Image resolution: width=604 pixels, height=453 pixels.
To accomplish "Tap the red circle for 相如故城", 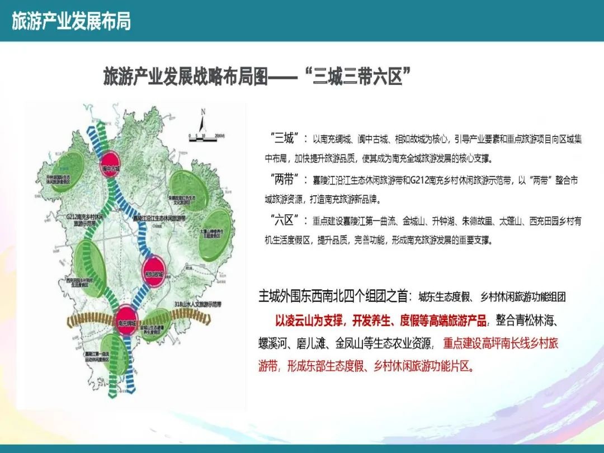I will pyautogui.click(x=155, y=270).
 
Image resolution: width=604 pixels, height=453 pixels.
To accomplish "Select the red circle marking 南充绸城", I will pyautogui.click(x=126, y=319).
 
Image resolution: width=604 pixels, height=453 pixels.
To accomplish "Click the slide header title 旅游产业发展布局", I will pyautogui.click(x=71, y=21).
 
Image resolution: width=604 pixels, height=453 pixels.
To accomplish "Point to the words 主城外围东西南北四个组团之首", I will pyautogui.click(x=334, y=297).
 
